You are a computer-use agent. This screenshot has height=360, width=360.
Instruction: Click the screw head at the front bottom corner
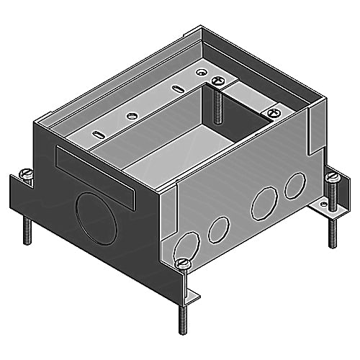[184, 264]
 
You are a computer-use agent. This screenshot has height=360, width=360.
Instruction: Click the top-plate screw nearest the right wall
[273, 112]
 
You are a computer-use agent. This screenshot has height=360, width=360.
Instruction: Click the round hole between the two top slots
[131, 115]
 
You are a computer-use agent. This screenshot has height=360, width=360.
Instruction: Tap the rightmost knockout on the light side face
[293, 186]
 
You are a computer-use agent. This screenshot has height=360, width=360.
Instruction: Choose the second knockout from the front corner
[217, 230]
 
